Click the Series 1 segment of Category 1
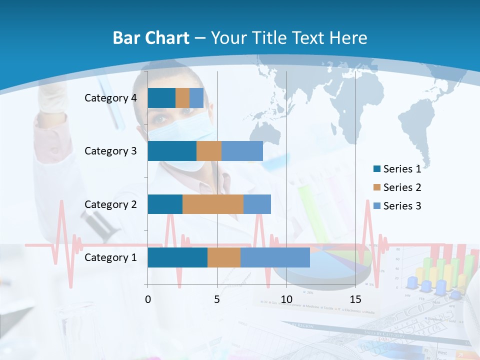click(x=177, y=257)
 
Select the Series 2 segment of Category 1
click(x=224, y=257)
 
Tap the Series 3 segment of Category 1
click(x=275, y=257)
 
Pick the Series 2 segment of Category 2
click(x=213, y=204)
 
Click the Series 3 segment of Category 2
click(x=257, y=204)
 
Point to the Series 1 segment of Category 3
click(x=172, y=151)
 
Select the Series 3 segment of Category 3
click(x=242, y=151)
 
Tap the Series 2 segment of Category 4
click(x=182, y=98)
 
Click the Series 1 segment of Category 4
click(x=161, y=98)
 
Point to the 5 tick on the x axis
click(x=216, y=299)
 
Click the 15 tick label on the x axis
click(x=355, y=299)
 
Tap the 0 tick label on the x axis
click(x=147, y=299)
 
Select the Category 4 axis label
click(x=110, y=98)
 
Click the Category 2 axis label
click(x=110, y=204)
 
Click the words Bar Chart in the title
click(x=151, y=38)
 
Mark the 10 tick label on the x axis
click(x=286, y=299)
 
